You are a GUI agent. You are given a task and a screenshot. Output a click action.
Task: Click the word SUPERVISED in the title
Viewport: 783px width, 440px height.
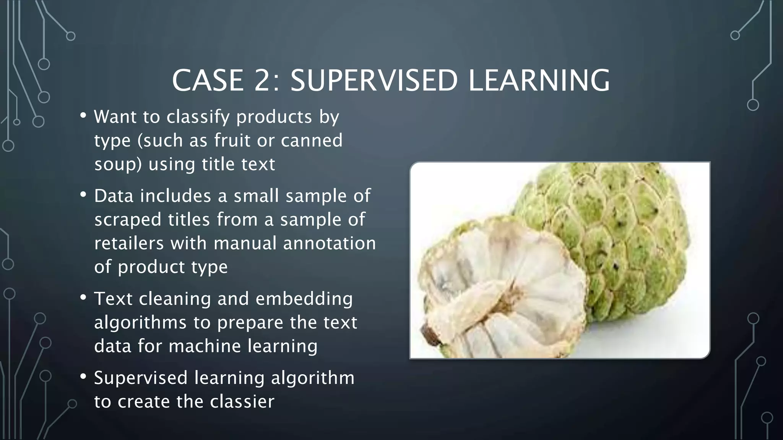pos(374,81)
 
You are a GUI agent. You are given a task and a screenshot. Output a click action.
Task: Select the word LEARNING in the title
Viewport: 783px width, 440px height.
pos(539,81)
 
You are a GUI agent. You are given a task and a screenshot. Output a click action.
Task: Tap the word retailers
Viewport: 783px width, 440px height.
pos(128,243)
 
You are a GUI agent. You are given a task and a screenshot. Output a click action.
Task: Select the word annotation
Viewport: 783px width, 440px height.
pos(329,243)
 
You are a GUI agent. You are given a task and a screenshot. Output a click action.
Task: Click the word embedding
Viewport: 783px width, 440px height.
pos(304,299)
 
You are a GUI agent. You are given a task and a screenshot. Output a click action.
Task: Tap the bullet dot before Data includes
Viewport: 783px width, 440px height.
pos(83,194)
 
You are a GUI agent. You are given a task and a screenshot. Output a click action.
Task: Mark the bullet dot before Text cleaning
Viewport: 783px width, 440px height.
pos(83,297)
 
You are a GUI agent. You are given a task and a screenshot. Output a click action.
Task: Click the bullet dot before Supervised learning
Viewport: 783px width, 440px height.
pos(83,376)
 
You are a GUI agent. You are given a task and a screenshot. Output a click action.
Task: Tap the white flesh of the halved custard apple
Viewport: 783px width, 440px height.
pos(508,283)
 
